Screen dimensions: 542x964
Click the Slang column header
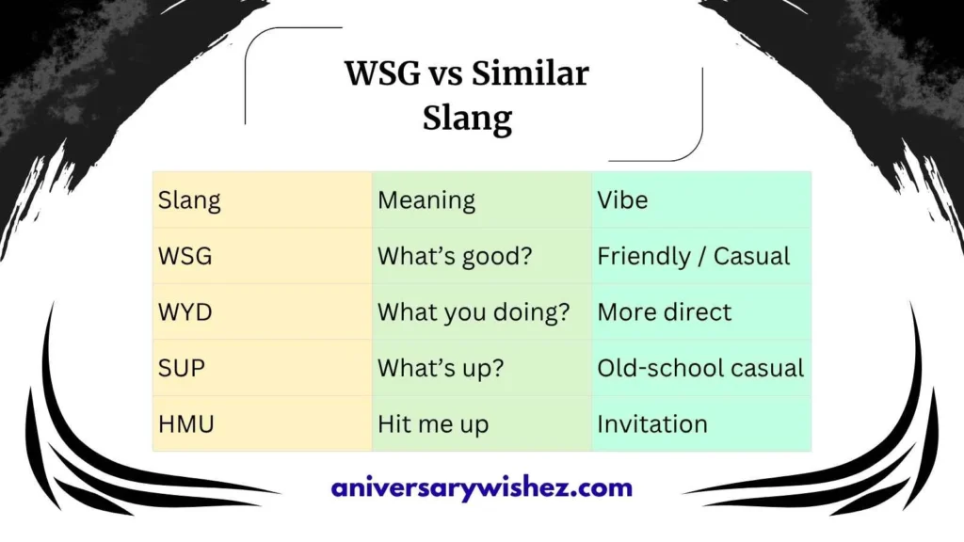pyautogui.click(x=189, y=200)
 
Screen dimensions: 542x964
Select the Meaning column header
pyautogui.click(x=426, y=200)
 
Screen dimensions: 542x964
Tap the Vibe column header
pyautogui.click(x=622, y=200)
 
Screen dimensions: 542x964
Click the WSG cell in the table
pyautogui.click(x=185, y=256)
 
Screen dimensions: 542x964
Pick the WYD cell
pyautogui.click(x=185, y=312)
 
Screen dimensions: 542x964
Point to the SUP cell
pyautogui.click(x=183, y=368)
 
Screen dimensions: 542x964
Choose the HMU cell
pyautogui.click(x=186, y=424)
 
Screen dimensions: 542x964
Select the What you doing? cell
pyautogui.click(x=474, y=312)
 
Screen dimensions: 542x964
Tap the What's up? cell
pyautogui.click(x=441, y=368)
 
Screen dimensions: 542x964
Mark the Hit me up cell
pyautogui.click(x=433, y=424)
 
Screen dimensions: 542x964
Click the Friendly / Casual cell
pyautogui.click(x=694, y=256)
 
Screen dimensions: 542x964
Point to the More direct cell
pyautogui.click(x=664, y=312)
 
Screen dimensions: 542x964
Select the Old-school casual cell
pyautogui.click(x=700, y=368)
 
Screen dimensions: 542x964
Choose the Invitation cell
pyautogui.click(x=652, y=424)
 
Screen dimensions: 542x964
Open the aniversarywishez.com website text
pyautogui.click(x=482, y=488)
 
